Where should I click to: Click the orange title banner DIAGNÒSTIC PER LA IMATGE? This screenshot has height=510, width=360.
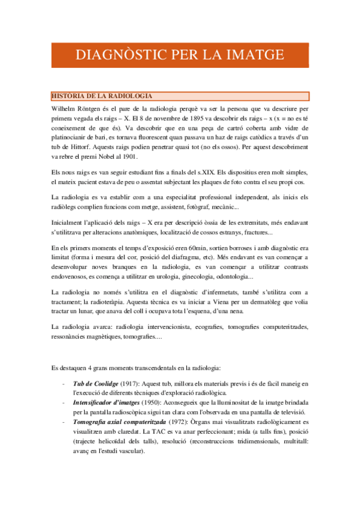click(x=180, y=55)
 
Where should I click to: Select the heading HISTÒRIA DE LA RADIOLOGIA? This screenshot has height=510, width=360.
click(x=102, y=96)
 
